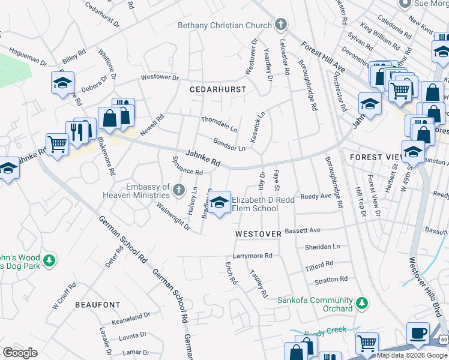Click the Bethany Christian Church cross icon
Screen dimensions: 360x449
tap(280, 25)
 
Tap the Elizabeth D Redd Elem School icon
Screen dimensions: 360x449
tap(220, 203)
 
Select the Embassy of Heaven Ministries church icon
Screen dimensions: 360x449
tap(178, 190)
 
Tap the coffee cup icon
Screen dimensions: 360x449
tap(418, 334)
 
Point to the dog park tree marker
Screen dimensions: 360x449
tap(50, 260)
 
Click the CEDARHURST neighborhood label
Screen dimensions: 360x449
tap(218, 89)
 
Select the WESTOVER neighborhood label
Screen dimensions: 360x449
tap(258, 233)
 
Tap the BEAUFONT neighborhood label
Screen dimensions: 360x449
tap(98, 305)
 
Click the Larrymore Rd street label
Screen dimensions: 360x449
tap(253, 256)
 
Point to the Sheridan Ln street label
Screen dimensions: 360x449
tap(322, 247)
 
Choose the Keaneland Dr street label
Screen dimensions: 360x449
tap(130, 316)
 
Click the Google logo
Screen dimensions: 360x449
tap(20, 353)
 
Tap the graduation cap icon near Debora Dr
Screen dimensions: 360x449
tap(62, 83)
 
